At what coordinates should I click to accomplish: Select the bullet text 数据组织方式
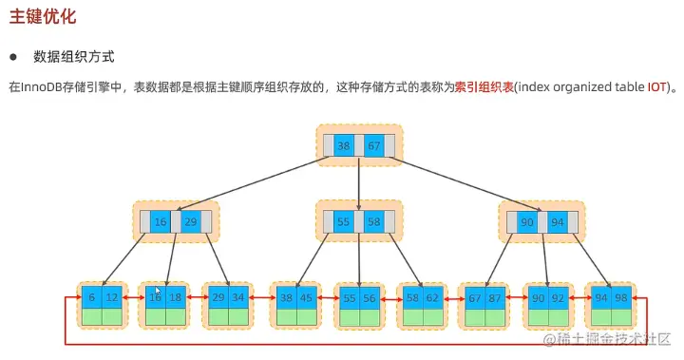click(72, 57)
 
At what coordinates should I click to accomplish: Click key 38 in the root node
click(344, 146)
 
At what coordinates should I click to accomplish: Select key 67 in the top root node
click(374, 146)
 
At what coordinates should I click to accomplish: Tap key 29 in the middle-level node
click(190, 221)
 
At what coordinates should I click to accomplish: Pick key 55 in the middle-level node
click(344, 221)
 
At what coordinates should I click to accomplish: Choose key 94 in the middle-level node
click(558, 221)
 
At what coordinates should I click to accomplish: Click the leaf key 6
click(91, 297)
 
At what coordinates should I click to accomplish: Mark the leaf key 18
click(175, 297)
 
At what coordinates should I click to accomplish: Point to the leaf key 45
click(306, 297)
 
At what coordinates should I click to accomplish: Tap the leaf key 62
click(431, 297)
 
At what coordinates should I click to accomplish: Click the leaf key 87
click(494, 297)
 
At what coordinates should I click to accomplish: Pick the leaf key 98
click(619, 297)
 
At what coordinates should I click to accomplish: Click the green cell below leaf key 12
click(113, 316)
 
